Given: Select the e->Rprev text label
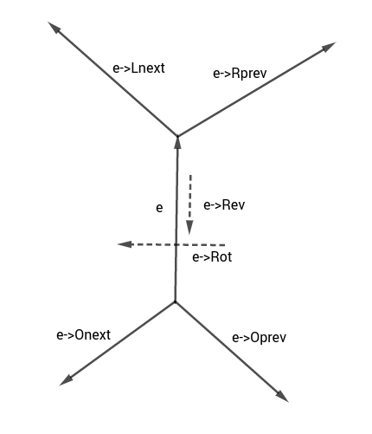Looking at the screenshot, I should (x=242, y=74).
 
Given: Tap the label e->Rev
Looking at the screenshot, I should (x=224, y=205).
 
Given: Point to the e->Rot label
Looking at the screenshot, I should (x=212, y=257).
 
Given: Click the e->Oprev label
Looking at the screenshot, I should (x=260, y=337).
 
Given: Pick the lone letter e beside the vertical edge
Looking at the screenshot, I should (x=158, y=208).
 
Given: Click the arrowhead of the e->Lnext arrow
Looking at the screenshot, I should (x=55, y=29).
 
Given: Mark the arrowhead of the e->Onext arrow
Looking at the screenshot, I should (x=65, y=379).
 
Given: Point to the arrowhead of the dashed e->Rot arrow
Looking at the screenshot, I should (x=125, y=245).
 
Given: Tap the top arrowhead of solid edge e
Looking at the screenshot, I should (x=177, y=141).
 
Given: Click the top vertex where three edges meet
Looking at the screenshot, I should (x=177, y=135).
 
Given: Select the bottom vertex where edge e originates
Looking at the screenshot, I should (x=176, y=301).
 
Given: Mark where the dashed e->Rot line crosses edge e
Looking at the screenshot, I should (x=176, y=245).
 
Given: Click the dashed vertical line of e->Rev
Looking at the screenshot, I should (x=191, y=199).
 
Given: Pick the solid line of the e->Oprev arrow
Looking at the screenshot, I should (x=229, y=348).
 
